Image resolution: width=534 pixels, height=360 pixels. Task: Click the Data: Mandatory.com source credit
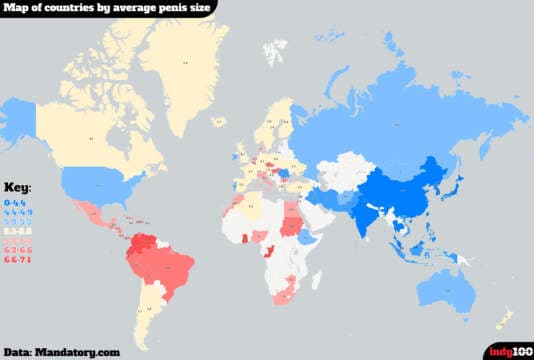tap(61, 351)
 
